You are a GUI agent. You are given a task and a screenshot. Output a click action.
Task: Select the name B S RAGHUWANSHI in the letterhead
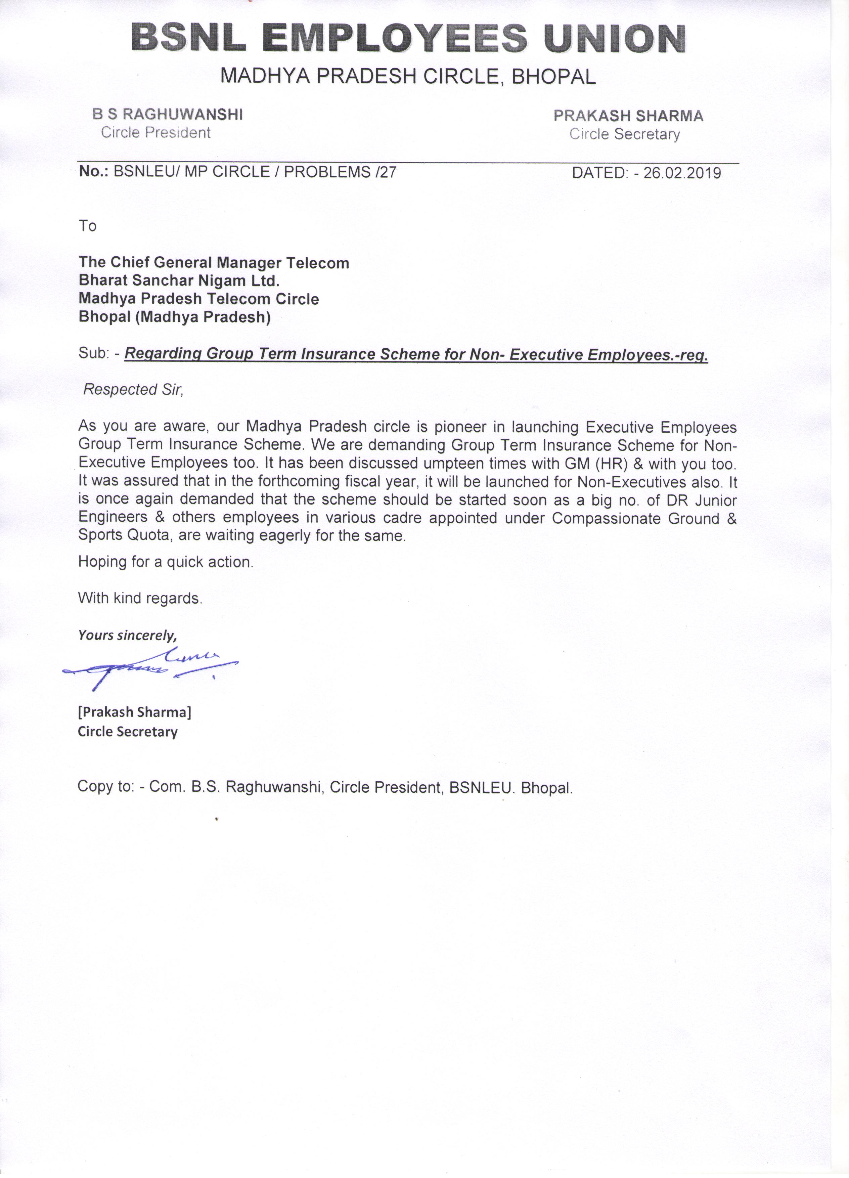pyautogui.click(x=167, y=114)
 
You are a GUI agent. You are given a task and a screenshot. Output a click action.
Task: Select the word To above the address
pyautogui.click(x=88, y=226)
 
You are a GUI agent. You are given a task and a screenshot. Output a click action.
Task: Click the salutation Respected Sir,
pyautogui.click(x=133, y=390)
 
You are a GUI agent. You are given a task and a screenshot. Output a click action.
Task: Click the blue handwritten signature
pyautogui.click(x=150, y=667)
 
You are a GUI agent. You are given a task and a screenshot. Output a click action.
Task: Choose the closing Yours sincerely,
pyautogui.click(x=127, y=635)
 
